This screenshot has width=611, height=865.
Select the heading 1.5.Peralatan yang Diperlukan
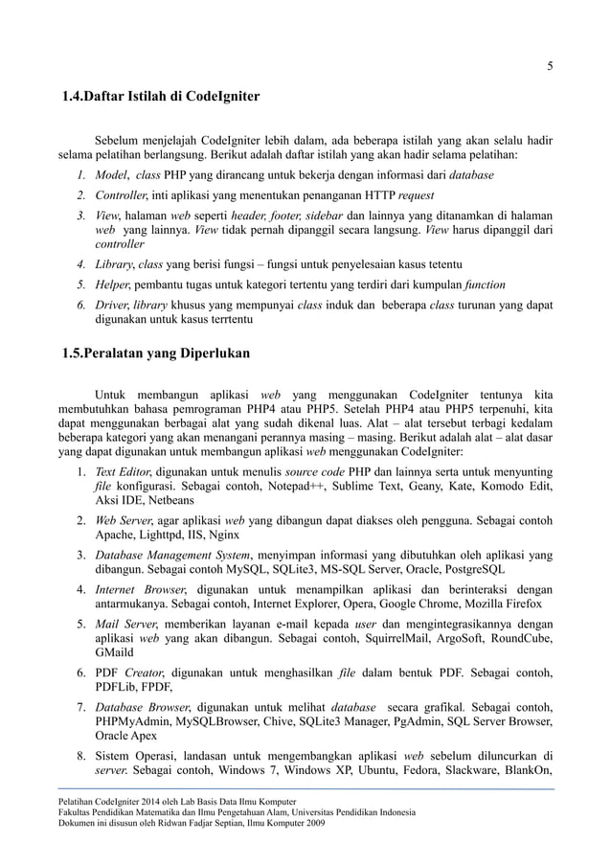click(150, 353)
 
